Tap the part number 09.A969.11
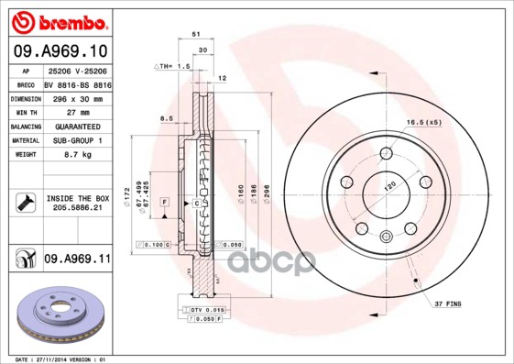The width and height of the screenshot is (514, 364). (x=77, y=259)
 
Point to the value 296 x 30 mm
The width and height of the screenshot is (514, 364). (x=76, y=97)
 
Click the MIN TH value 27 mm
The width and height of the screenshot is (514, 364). (x=76, y=111)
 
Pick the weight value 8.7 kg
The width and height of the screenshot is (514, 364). (x=76, y=155)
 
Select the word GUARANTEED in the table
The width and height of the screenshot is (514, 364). (x=76, y=126)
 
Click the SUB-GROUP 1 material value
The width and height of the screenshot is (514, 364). (x=76, y=140)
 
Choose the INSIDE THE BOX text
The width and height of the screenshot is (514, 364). (x=77, y=198)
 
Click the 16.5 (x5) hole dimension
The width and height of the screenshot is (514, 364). (x=424, y=122)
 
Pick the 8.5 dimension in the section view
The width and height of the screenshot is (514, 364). (x=166, y=118)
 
